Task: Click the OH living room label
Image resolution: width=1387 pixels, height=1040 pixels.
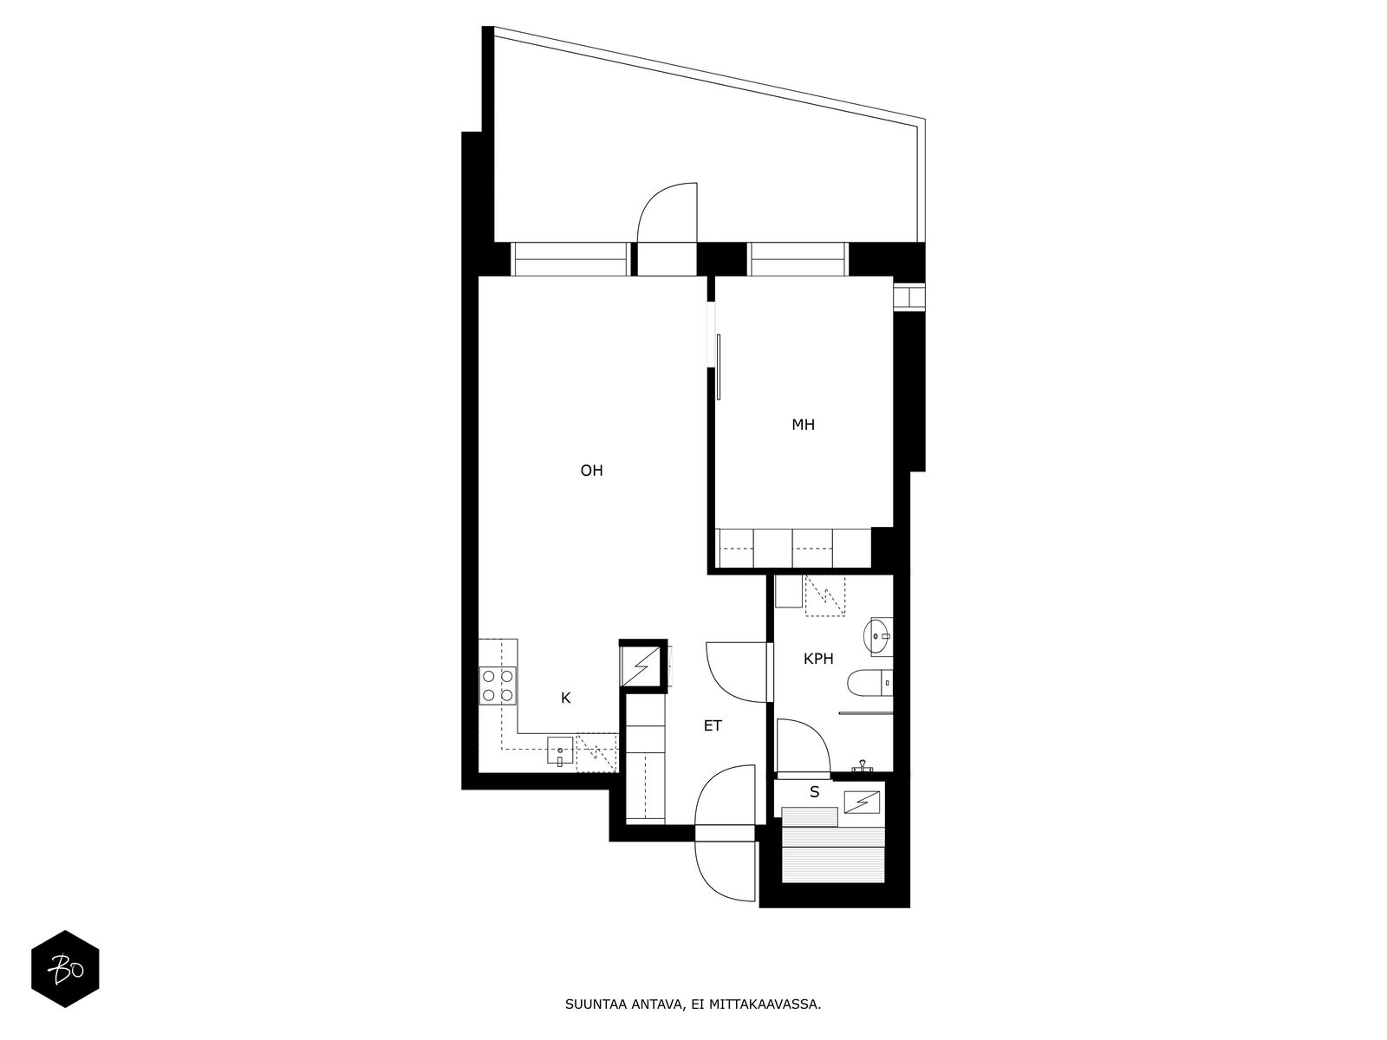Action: [591, 471]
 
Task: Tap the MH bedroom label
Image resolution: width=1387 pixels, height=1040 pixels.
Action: [803, 425]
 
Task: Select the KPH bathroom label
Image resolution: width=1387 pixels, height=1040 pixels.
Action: [818, 660]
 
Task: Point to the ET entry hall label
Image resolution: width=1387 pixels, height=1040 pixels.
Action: [713, 726]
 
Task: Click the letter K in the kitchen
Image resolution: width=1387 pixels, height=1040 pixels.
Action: [565, 698]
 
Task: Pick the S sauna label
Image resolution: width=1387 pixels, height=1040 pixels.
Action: [815, 792]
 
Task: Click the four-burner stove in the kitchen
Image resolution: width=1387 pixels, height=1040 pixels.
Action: [498, 686]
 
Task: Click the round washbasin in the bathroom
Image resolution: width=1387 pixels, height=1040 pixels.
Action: [877, 635]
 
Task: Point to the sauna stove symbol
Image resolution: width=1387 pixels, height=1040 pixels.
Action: [862, 802]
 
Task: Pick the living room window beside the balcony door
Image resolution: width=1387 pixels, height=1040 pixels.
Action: [570, 259]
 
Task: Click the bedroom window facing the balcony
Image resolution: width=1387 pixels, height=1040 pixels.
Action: [798, 259]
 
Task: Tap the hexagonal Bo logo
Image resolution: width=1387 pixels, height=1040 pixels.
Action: [66, 969]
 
